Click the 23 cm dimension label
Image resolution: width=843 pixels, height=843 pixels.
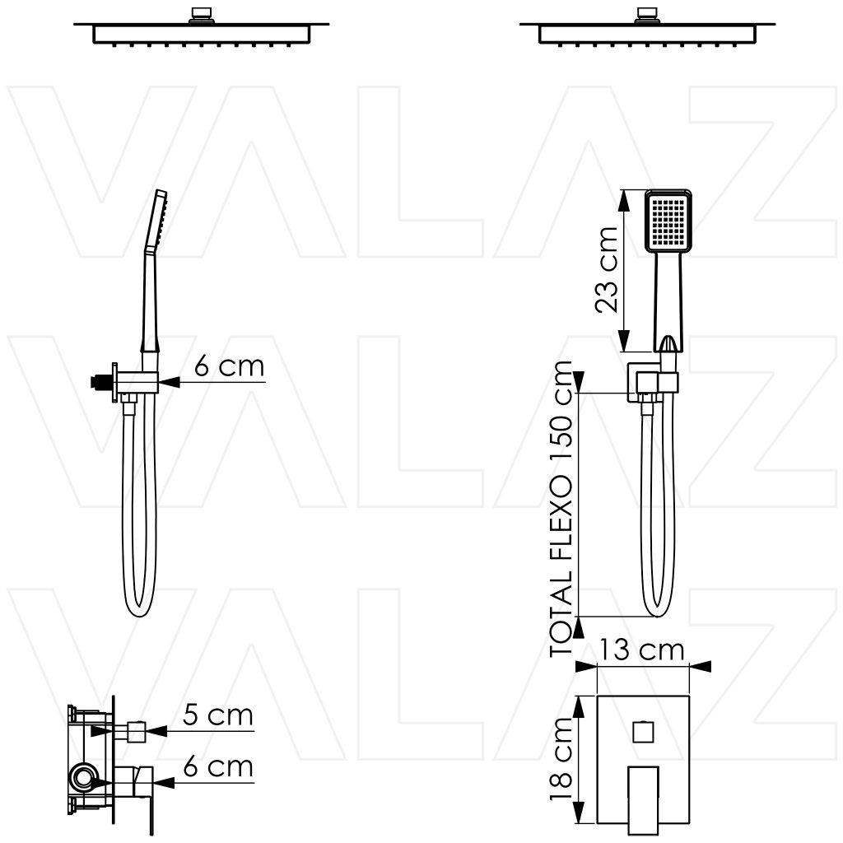(x=607, y=270)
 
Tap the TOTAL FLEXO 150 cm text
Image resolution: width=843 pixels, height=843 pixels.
(x=561, y=509)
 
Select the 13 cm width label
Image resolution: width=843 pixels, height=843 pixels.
(x=641, y=650)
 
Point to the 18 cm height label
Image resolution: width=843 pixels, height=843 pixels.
(x=561, y=759)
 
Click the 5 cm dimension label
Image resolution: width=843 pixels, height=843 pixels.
(x=217, y=715)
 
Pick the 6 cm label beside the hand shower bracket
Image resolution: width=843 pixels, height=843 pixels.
(x=229, y=366)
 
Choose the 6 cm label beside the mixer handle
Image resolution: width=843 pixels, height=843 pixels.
(x=217, y=766)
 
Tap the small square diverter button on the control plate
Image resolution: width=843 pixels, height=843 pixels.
(x=643, y=732)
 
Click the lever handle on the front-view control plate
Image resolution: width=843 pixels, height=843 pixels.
(x=644, y=800)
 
